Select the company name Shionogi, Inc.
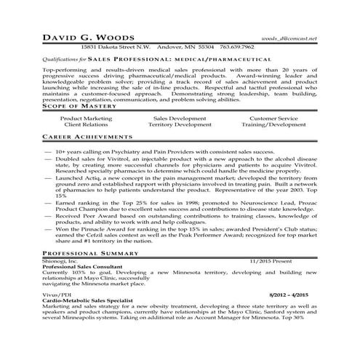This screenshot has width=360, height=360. click(60, 260)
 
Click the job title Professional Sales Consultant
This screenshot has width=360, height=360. click(83, 267)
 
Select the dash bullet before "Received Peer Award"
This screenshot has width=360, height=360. click(47, 215)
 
